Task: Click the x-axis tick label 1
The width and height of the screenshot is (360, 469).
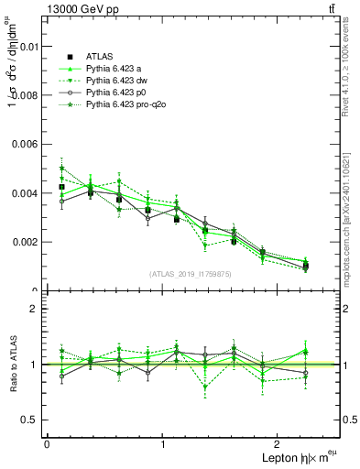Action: click(x=163, y=444)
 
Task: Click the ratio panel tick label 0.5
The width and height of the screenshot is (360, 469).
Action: click(x=30, y=420)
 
